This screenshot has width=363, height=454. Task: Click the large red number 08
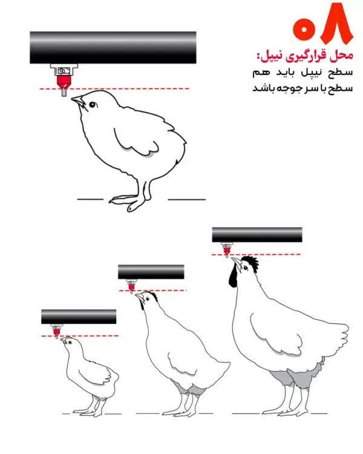[322, 23]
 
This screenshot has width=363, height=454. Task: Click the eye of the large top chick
[93, 105]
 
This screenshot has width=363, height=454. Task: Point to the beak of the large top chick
[77, 101]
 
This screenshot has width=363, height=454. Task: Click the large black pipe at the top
[113, 47]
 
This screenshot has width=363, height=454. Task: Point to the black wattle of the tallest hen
[232, 277]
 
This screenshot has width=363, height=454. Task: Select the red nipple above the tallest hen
[227, 249]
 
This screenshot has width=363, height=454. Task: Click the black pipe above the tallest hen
[257, 234]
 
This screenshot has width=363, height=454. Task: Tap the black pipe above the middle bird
[151, 272]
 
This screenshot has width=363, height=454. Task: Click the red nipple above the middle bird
[132, 287]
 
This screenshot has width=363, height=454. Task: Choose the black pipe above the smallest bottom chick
[79, 317]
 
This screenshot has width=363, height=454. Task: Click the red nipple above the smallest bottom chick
[57, 332]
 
